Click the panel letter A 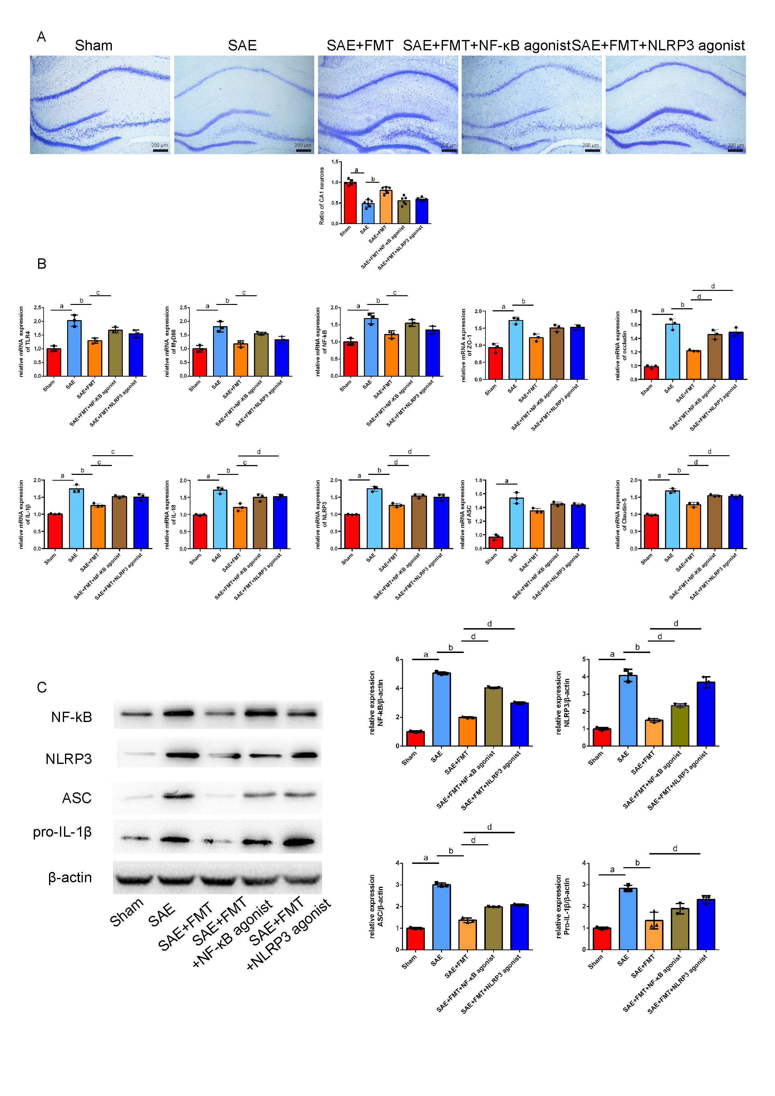(42, 37)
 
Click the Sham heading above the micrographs (93, 46)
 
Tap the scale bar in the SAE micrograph (304, 150)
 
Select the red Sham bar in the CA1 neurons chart (350, 203)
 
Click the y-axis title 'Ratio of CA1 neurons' (322, 196)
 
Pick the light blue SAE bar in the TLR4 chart (74, 348)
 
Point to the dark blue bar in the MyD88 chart (281, 358)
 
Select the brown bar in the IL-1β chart (119, 523)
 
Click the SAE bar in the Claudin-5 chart (673, 520)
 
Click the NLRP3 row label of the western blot (69, 759)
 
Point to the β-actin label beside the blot (70, 877)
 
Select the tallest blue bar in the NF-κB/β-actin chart (441, 709)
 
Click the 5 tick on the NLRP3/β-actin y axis (584, 660)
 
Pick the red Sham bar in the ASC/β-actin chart (415, 939)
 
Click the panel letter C (42, 688)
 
